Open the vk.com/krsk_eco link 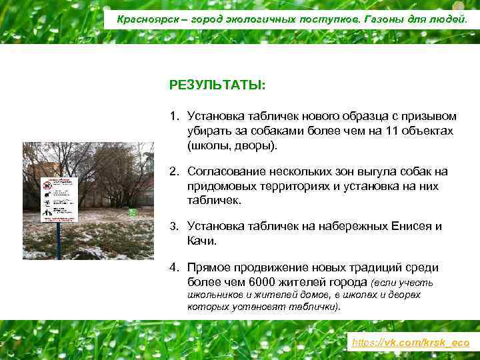(411, 342)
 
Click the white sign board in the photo (59, 199)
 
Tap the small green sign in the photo (132, 212)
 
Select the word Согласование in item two (225, 171)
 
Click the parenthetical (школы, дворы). (231, 144)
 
